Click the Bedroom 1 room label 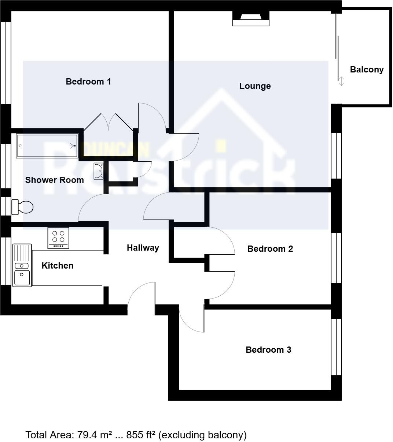click(88, 82)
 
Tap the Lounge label click(255, 86)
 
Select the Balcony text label click(367, 70)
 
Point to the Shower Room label click(54, 180)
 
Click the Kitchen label click(57, 266)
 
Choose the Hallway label click(143, 248)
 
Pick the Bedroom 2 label click(270, 249)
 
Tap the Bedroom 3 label click(268, 350)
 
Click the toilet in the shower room click(23, 207)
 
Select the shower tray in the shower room click(47, 146)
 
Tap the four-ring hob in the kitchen click(58, 237)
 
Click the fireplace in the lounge click(251, 19)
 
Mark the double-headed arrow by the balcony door click(341, 81)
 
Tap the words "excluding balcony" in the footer click(203, 435)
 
